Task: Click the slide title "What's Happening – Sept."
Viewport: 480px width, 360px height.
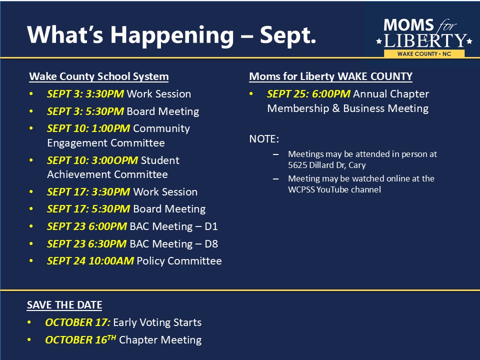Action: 171,35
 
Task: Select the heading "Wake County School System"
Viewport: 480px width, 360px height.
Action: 99,76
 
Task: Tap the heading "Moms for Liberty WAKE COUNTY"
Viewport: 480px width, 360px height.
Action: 330,76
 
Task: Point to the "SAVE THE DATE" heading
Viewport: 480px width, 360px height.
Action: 64,305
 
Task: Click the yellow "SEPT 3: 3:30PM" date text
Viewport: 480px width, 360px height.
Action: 85,93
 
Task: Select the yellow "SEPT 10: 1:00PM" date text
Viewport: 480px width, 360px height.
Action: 88,128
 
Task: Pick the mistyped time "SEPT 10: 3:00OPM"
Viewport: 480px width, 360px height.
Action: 92,160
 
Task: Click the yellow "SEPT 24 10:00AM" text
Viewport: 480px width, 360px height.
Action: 90,261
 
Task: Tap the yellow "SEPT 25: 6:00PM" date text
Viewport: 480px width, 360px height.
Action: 308,93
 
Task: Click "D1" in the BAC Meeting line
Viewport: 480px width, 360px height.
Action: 211,226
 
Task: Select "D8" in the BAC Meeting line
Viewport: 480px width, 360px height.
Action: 211,243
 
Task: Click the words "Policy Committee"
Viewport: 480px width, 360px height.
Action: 179,261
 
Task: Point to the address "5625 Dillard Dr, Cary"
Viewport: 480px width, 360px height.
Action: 327,165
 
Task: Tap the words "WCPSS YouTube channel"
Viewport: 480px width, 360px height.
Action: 334,189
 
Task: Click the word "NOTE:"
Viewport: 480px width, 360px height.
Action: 264,139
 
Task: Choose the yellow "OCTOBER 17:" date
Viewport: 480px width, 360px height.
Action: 78,322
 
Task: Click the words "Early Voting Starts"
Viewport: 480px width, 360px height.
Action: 157,322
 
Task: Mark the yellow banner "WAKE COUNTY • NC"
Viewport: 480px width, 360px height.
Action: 424,54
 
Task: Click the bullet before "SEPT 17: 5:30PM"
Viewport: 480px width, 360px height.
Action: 31,209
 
